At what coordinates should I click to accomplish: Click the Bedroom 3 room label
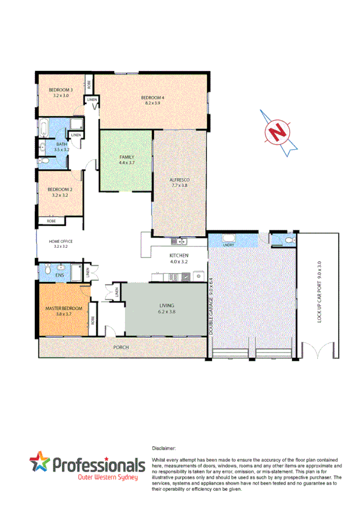click(61, 93)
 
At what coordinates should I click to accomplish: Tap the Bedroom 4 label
click(153, 100)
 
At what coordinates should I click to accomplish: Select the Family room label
click(126, 159)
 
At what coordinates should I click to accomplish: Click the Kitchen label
click(179, 259)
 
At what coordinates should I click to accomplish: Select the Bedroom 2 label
click(59, 192)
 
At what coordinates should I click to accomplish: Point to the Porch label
click(121, 348)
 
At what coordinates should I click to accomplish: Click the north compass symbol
click(277, 131)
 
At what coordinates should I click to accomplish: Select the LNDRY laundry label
click(228, 245)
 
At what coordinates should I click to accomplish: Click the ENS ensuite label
click(59, 275)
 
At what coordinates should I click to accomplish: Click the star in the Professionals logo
click(41, 464)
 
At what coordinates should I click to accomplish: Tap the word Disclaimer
click(165, 448)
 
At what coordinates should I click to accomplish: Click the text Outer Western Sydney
click(108, 478)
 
